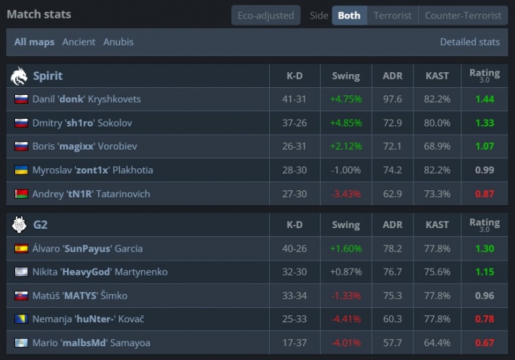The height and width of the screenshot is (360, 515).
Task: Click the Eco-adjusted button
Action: [x=266, y=15]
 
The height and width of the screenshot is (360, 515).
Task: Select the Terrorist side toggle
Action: [x=392, y=15]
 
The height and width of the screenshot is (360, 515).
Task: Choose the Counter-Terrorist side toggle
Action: [x=463, y=15]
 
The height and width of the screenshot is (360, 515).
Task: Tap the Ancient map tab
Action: [x=79, y=42]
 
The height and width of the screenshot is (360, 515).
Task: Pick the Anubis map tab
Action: [x=118, y=42]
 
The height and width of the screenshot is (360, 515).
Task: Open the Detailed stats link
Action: [x=470, y=42]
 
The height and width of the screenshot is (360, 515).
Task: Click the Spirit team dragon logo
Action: [x=19, y=76]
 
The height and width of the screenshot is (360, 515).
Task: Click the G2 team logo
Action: [x=19, y=225]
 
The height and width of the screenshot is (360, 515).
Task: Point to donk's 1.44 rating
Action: [x=484, y=99]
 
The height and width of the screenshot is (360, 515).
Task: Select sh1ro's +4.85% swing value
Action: [x=345, y=123]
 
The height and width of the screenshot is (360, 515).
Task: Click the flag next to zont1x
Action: [x=21, y=170]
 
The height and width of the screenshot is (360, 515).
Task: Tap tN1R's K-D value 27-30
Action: [x=294, y=194]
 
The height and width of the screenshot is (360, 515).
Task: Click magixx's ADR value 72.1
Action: [x=392, y=146]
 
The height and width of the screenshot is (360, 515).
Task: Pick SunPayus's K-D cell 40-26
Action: [x=294, y=249]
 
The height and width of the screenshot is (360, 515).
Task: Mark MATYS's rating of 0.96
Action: [x=484, y=296]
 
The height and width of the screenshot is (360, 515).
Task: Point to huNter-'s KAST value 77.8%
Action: [x=437, y=319]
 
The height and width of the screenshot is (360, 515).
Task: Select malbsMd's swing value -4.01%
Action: [x=345, y=343]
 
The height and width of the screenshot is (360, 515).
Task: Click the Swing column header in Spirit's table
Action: [x=345, y=76]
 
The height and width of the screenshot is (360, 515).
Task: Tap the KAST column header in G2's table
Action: [x=437, y=225]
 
